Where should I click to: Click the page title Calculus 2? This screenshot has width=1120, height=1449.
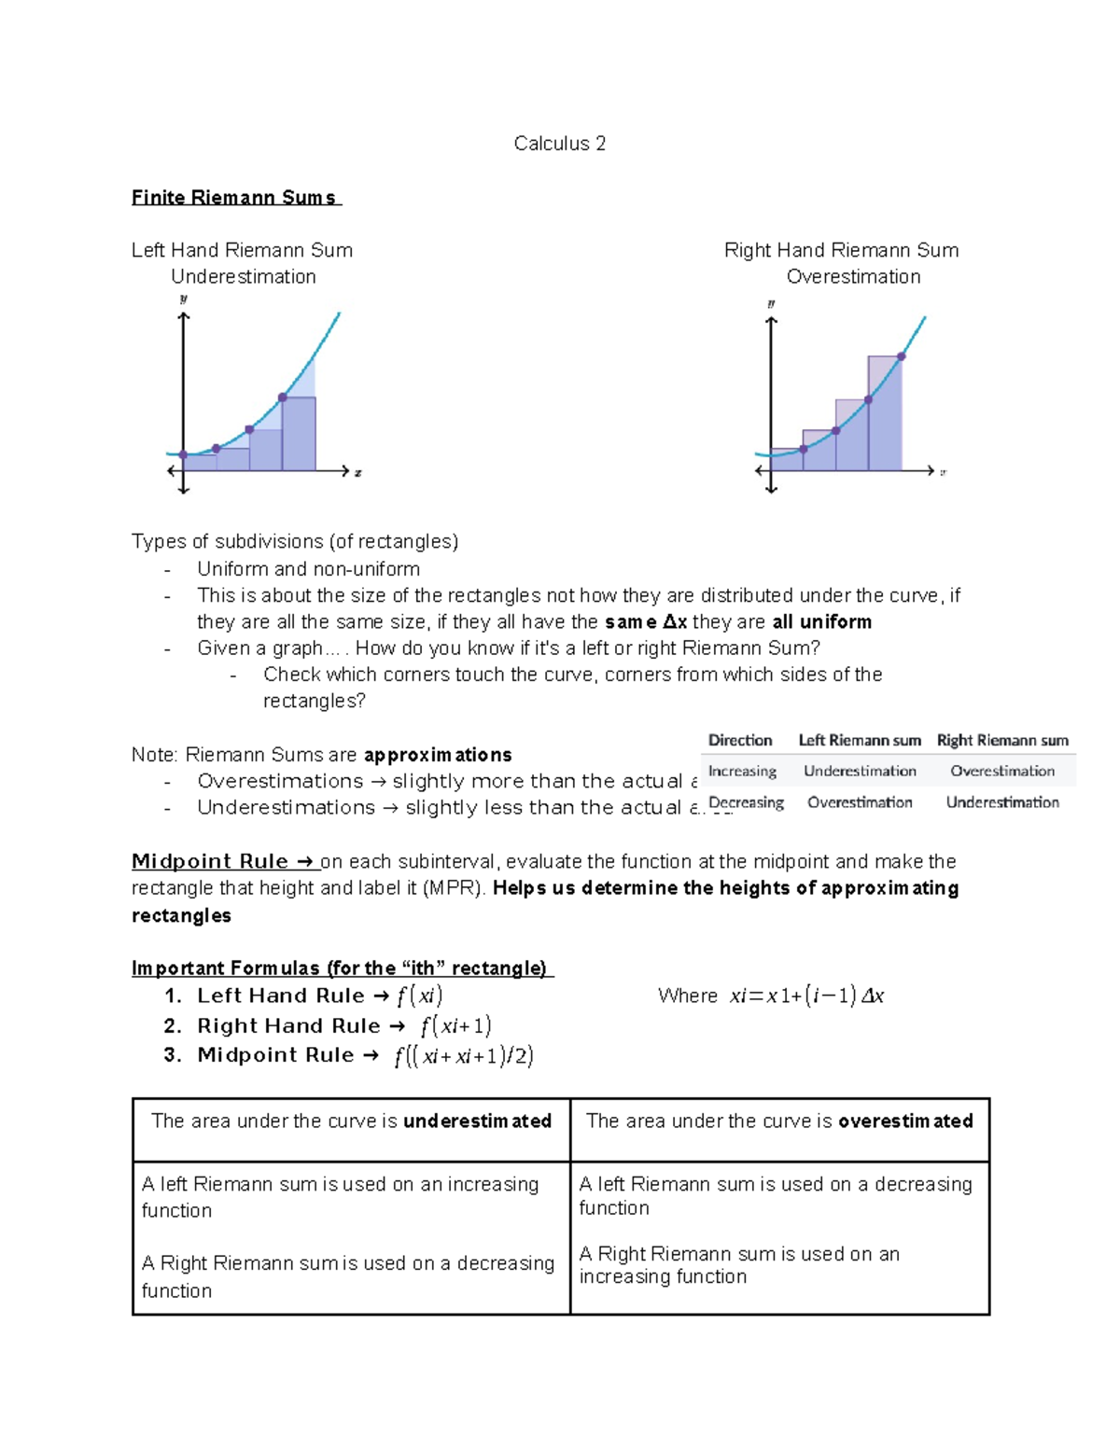pos(559,144)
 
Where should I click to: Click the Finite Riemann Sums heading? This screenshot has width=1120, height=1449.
pos(234,198)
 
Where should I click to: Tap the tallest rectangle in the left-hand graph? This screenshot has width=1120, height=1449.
pos(299,434)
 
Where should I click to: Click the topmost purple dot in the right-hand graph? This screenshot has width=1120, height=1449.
pos(902,356)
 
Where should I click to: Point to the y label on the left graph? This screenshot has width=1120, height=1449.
pos(184,300)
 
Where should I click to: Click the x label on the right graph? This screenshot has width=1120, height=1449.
pos(943,472)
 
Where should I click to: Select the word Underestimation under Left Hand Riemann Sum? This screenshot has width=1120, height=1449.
pos(243,277)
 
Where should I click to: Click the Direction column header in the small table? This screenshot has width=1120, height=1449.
pos(740,741)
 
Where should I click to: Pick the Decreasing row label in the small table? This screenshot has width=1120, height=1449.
pos(746,802)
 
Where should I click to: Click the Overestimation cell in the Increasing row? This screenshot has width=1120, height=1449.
pos(1002,772)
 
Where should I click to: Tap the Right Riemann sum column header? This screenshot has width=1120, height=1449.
pos(1002,741)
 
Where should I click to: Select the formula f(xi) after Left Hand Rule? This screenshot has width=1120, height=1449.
pos(419,996)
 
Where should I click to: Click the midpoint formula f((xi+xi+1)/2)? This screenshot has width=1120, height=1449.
pos(464,1056)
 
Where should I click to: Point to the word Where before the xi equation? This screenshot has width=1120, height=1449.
pos(688,996)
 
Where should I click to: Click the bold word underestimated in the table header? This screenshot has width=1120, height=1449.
pos(477,1122)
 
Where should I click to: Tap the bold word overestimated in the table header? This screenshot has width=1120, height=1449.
pos(905,1122)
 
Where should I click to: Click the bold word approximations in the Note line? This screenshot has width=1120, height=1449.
pos(438,755)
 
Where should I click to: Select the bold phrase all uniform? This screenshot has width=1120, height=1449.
pos(821,622)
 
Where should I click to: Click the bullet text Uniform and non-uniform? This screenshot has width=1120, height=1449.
pos(308,569)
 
